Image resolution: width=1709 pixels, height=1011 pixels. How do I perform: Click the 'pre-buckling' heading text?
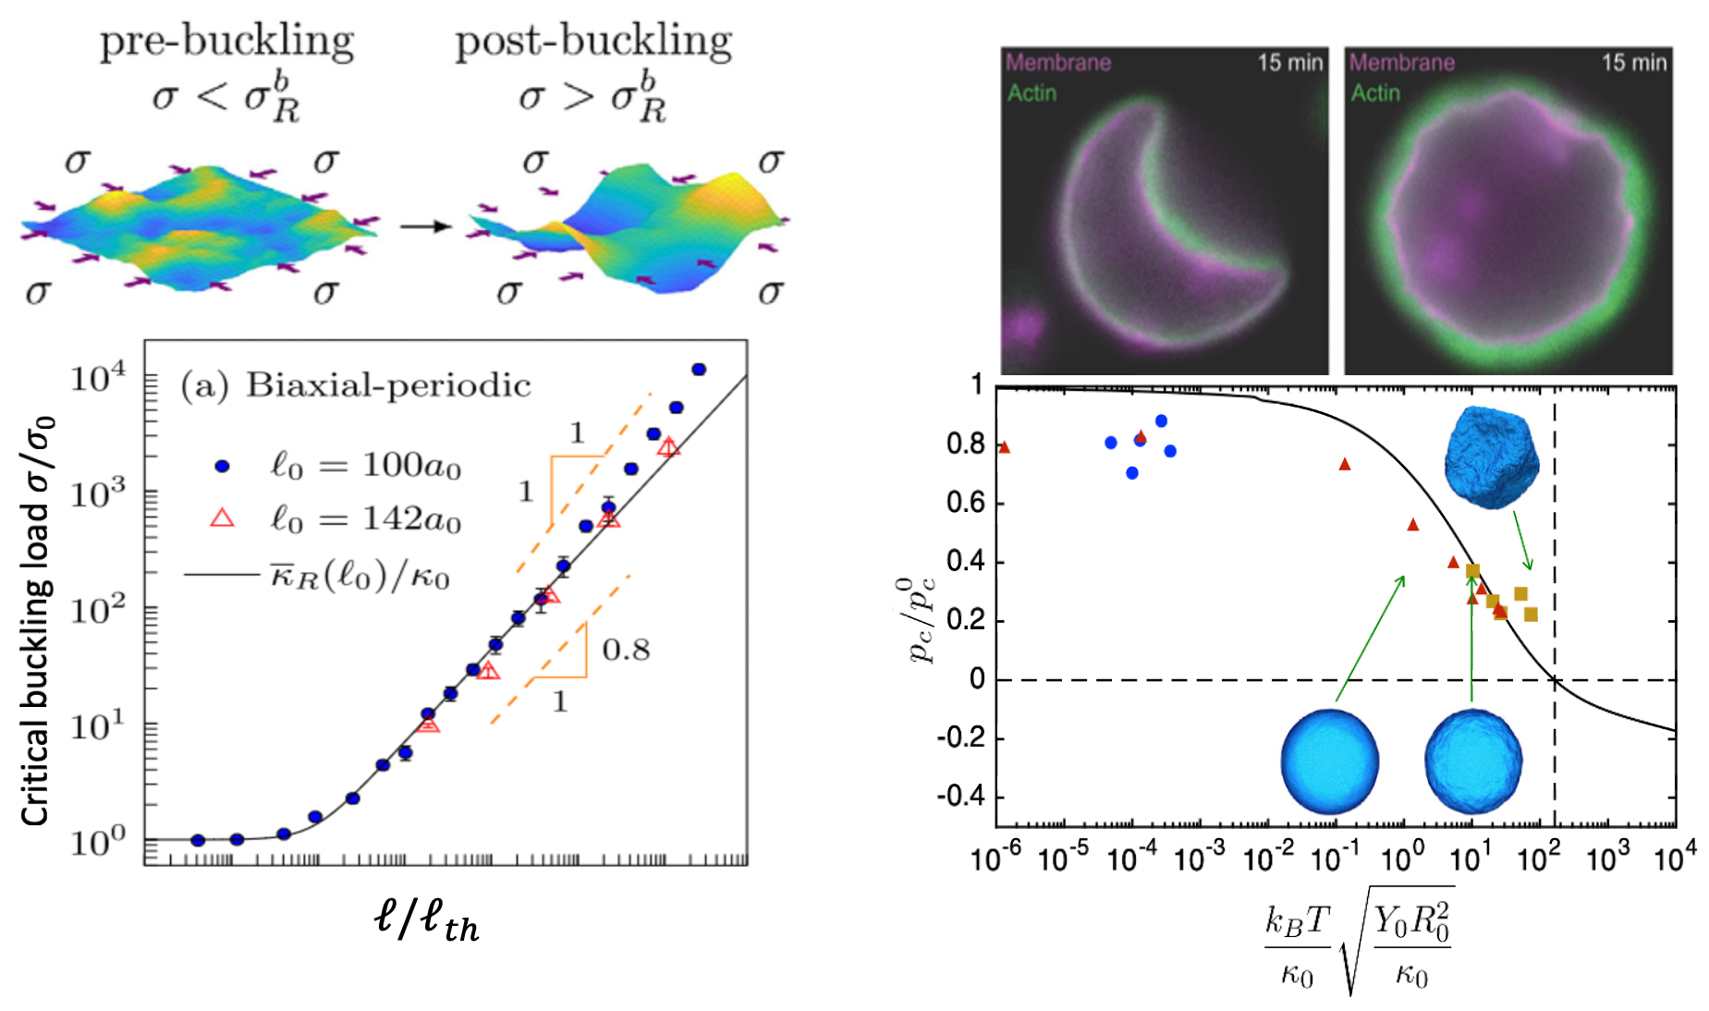point(226,42)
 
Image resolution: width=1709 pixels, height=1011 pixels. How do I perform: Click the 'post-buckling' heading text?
point(593,42)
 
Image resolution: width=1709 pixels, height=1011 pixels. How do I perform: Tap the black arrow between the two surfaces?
point(425,226)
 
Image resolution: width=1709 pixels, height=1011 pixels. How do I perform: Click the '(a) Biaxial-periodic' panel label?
point(356,385)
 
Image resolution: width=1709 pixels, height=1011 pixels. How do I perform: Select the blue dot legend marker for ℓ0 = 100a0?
point(222,467)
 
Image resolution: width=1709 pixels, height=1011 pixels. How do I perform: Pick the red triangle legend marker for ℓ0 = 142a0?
point(222,518)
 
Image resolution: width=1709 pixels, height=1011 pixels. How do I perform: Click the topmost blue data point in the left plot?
point(699,370)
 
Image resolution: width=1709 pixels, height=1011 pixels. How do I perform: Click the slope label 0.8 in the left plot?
point(626,651)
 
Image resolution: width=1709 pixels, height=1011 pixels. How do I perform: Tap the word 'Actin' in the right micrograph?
point(1375,93)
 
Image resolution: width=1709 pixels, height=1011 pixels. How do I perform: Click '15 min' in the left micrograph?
point(1290,63)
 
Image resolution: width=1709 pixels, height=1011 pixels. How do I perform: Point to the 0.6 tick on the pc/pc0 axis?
point(965,504)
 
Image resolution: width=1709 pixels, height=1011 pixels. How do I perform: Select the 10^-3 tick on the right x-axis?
point(1200,860)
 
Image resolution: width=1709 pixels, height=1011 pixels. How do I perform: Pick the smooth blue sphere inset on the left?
point(1329,761)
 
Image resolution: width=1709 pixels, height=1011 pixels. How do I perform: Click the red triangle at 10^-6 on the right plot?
point(1005,448)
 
